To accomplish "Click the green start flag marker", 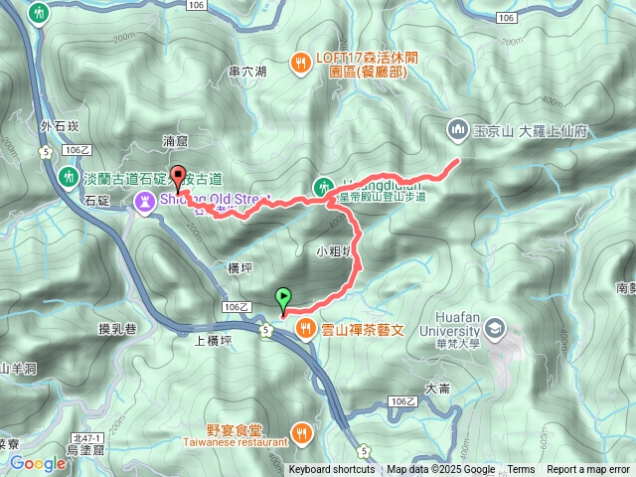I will [x=284, y=297].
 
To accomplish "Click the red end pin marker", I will [x=179, y=179].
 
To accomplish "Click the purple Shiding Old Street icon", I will [x=145, y=203].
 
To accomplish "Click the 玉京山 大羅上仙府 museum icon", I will [x=457, y=129].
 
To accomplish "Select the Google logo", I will [x=38, y=463].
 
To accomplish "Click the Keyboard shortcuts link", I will [x=332, y=470].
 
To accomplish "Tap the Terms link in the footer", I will [x=521, y=470].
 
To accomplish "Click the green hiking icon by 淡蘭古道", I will [x=68, y=177].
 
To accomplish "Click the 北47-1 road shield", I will [x=87, y=438].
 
